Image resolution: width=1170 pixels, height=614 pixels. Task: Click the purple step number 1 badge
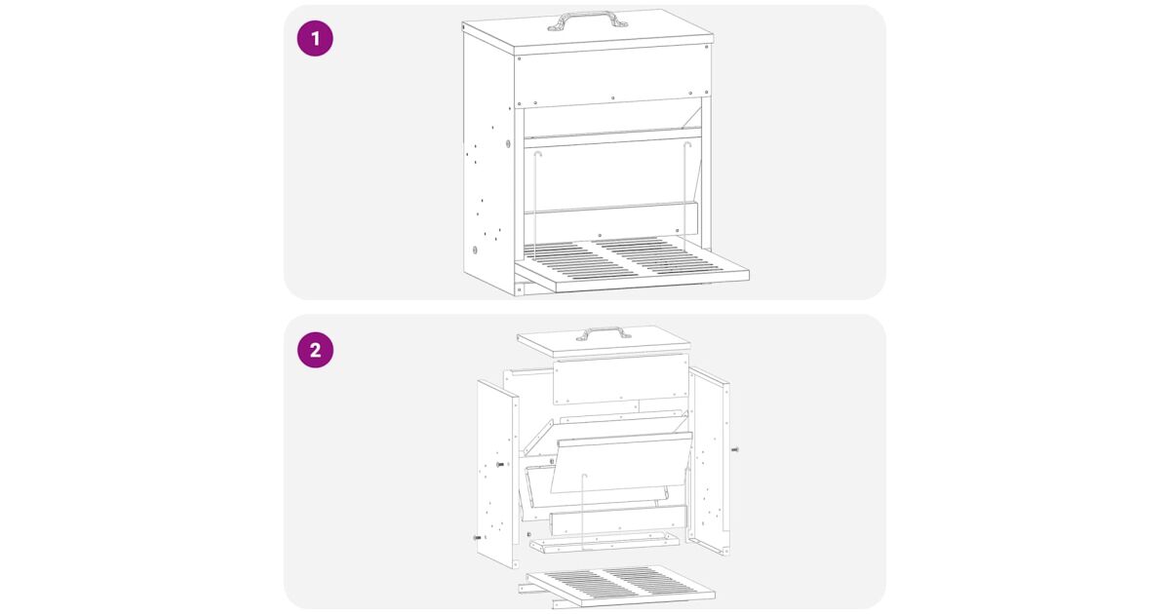tap(315, 39)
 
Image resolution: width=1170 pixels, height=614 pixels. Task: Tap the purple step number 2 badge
tap(315, 350)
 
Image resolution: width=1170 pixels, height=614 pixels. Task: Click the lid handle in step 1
tap(588, 20)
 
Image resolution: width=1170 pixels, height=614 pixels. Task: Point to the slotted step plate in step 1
tap(632, 264)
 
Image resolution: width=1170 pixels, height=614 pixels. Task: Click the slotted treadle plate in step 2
tap(620, 585)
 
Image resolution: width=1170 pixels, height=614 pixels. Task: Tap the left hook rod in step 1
tap(535, 205)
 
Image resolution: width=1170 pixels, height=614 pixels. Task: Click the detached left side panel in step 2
tap(498, 474)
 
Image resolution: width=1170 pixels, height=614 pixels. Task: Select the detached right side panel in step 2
tap(710, 460)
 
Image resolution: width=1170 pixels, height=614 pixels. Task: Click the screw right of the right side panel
tap(735, 449)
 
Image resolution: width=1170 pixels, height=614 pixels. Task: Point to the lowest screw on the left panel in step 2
tap(477, 537)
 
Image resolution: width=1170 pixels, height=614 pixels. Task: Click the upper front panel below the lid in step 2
tap(621, 379)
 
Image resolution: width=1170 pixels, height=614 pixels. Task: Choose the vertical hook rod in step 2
tap(583, 513)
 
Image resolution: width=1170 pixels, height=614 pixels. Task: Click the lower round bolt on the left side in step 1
tap(475, 250)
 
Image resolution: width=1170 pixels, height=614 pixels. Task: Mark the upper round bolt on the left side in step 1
tap(508, 143)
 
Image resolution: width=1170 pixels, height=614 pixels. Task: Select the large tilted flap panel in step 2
tap(622, 462)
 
